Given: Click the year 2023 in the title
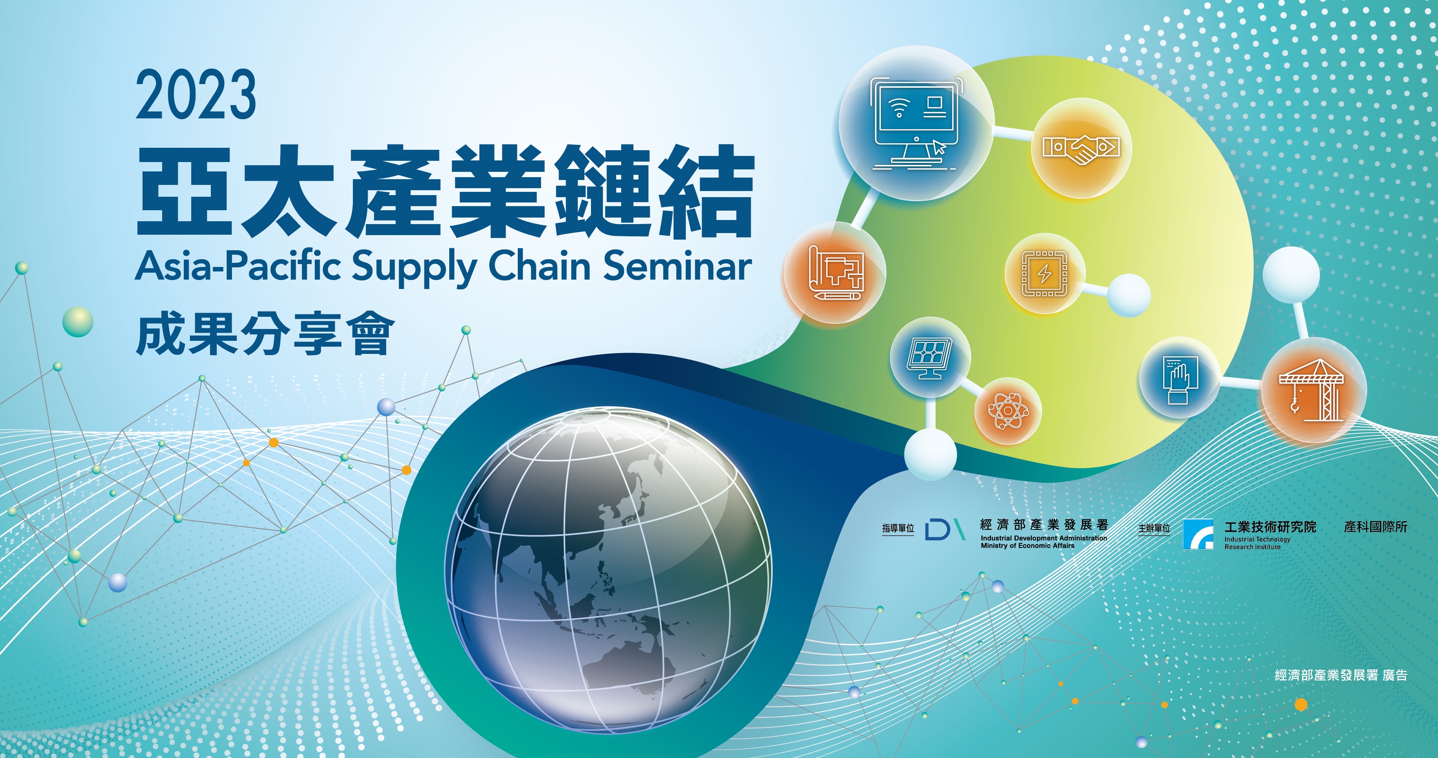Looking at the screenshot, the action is coord(196,95).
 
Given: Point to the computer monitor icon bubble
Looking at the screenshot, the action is coord(916,123).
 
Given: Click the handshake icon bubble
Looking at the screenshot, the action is coord(1081,148).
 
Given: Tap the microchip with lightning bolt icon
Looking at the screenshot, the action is coord(1044,273).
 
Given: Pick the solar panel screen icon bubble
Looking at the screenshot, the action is coord(930,358).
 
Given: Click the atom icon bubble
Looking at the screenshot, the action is coord(1008,411).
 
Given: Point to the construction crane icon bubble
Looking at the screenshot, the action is coord(1313,391).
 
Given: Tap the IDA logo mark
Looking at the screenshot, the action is coord(945,529).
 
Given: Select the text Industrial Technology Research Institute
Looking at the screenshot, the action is coord(1257,543).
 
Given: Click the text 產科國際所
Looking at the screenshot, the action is coord(1376,527).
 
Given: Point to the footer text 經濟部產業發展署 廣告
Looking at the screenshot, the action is coord(1341,676).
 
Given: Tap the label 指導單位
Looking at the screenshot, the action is coord(898,528).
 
